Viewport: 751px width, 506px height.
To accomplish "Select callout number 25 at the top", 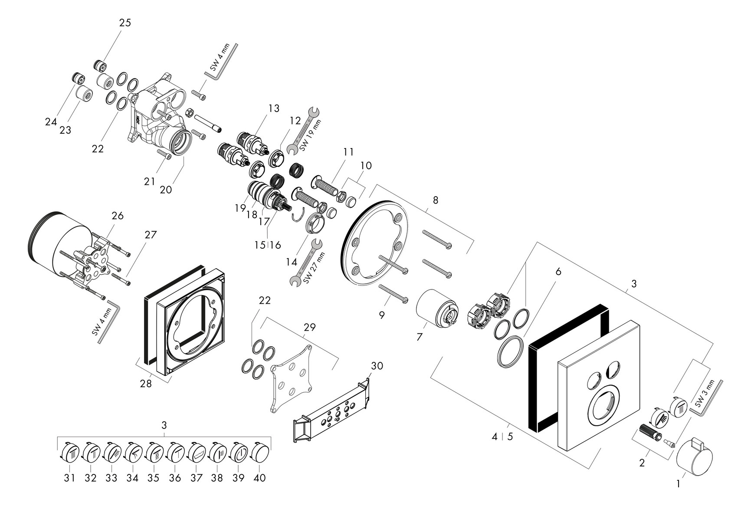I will click(x=125, y=23).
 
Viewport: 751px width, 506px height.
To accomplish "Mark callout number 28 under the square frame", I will click(x=146, y=384).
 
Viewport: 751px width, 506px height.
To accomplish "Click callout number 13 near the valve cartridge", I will click(x=274, y=108).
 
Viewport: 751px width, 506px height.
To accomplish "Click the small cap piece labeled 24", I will click(x=78, y=79).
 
